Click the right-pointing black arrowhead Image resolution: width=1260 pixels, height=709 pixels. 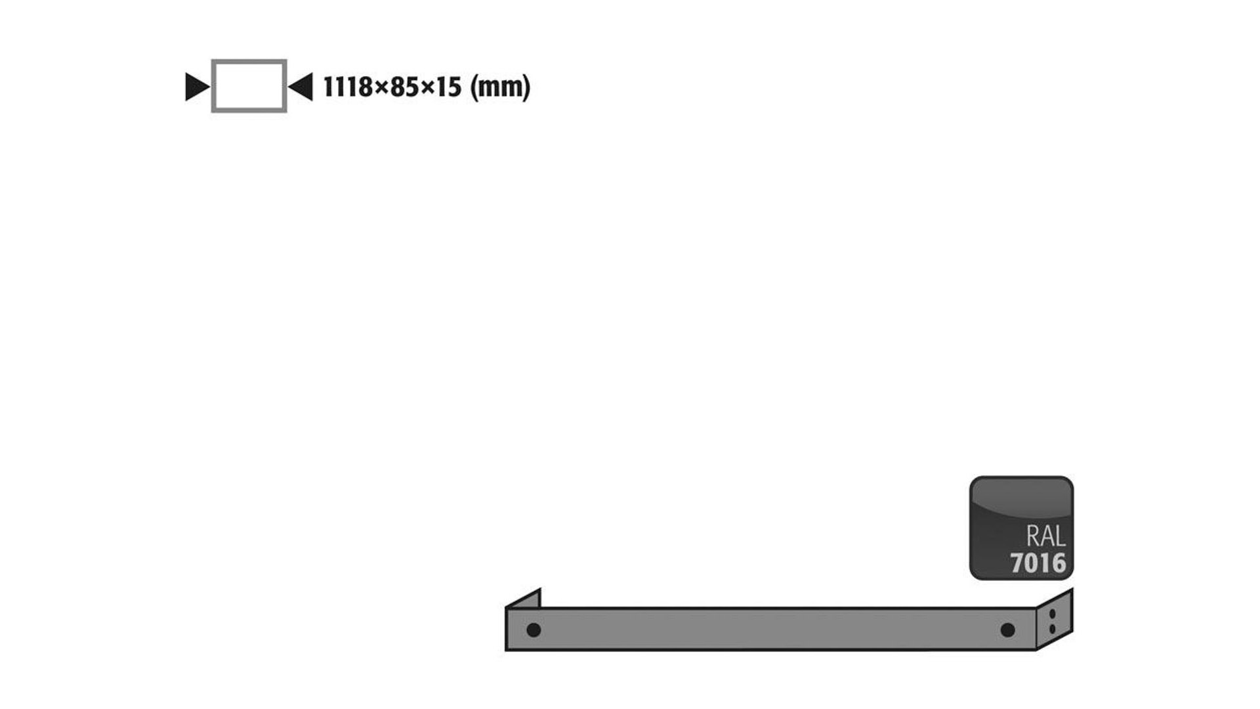196,87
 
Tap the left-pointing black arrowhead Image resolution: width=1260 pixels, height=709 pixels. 303,87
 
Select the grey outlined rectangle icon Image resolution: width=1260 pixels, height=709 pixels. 249,86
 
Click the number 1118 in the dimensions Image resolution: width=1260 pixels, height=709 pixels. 348,87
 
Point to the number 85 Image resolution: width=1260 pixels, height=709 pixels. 404,87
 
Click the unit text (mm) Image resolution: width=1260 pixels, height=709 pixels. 500,87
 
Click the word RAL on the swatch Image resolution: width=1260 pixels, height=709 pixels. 1045,537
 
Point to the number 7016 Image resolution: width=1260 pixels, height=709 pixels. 1038,563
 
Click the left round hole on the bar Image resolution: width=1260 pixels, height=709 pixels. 534,630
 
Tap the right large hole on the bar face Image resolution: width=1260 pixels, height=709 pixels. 1007,630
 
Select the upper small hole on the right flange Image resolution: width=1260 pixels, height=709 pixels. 1053,614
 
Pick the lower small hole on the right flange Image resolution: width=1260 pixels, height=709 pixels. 1053,629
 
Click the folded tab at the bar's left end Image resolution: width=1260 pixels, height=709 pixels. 525,599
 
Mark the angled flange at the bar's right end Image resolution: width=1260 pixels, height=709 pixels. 1055,620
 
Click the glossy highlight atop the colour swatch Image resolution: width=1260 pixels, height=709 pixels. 1021,496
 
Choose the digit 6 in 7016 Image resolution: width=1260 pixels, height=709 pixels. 1058,563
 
